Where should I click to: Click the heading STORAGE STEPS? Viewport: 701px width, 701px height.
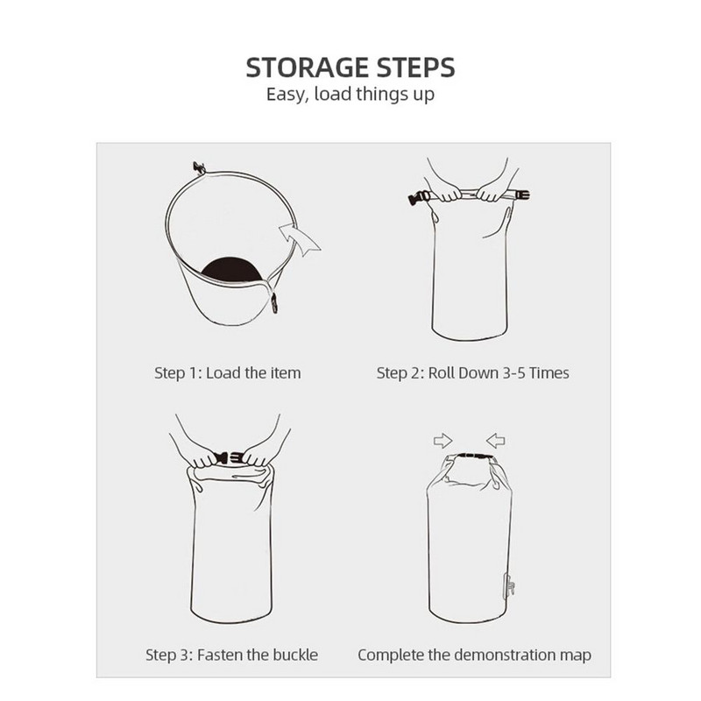[x=350, y=67]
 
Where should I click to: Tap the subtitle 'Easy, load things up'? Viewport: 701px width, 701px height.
[x=350, y=95]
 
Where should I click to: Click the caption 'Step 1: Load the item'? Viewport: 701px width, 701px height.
[x=228, y=373]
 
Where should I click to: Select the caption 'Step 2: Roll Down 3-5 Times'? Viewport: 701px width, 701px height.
[x=472, y=373]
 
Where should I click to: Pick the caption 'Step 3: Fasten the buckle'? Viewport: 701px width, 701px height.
[x=231, y=655]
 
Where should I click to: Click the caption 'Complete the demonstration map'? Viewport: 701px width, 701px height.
[x=474, y=655]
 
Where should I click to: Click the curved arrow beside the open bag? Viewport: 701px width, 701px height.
[x=300, y=238]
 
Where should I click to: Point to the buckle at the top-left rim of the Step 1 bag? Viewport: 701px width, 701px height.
[x=200, y=168]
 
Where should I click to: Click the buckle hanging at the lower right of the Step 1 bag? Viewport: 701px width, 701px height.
[x=274, y=303]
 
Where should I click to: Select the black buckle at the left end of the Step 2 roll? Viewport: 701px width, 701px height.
[x=419, y=198]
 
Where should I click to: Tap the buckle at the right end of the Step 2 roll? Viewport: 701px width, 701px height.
[x=521, y=195]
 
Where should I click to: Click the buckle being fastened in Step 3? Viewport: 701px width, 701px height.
[x=229, y=457]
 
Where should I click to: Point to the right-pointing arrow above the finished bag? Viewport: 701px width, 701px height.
[x=443, y=441]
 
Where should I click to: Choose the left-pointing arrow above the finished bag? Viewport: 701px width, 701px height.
[x=495, y=441]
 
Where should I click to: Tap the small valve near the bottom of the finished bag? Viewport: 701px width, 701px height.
[x=509, y=586]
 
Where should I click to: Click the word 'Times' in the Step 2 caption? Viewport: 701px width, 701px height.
[x=549, y=373]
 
